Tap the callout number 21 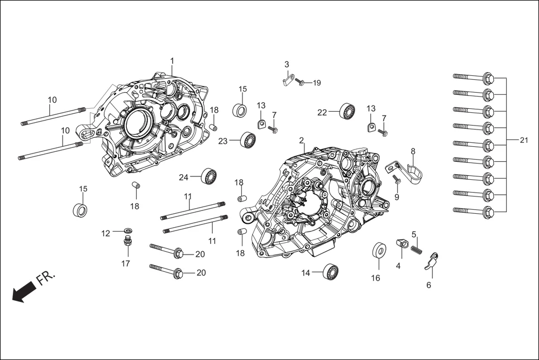coord(523,140)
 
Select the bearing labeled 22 coord(348,111)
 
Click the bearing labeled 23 coord(247,140)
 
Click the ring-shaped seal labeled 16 coord(378,251)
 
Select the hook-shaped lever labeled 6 coord(431,261)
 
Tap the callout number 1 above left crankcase coord(172,60)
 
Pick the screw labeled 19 coord(300,83)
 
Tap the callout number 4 coord(398,266)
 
